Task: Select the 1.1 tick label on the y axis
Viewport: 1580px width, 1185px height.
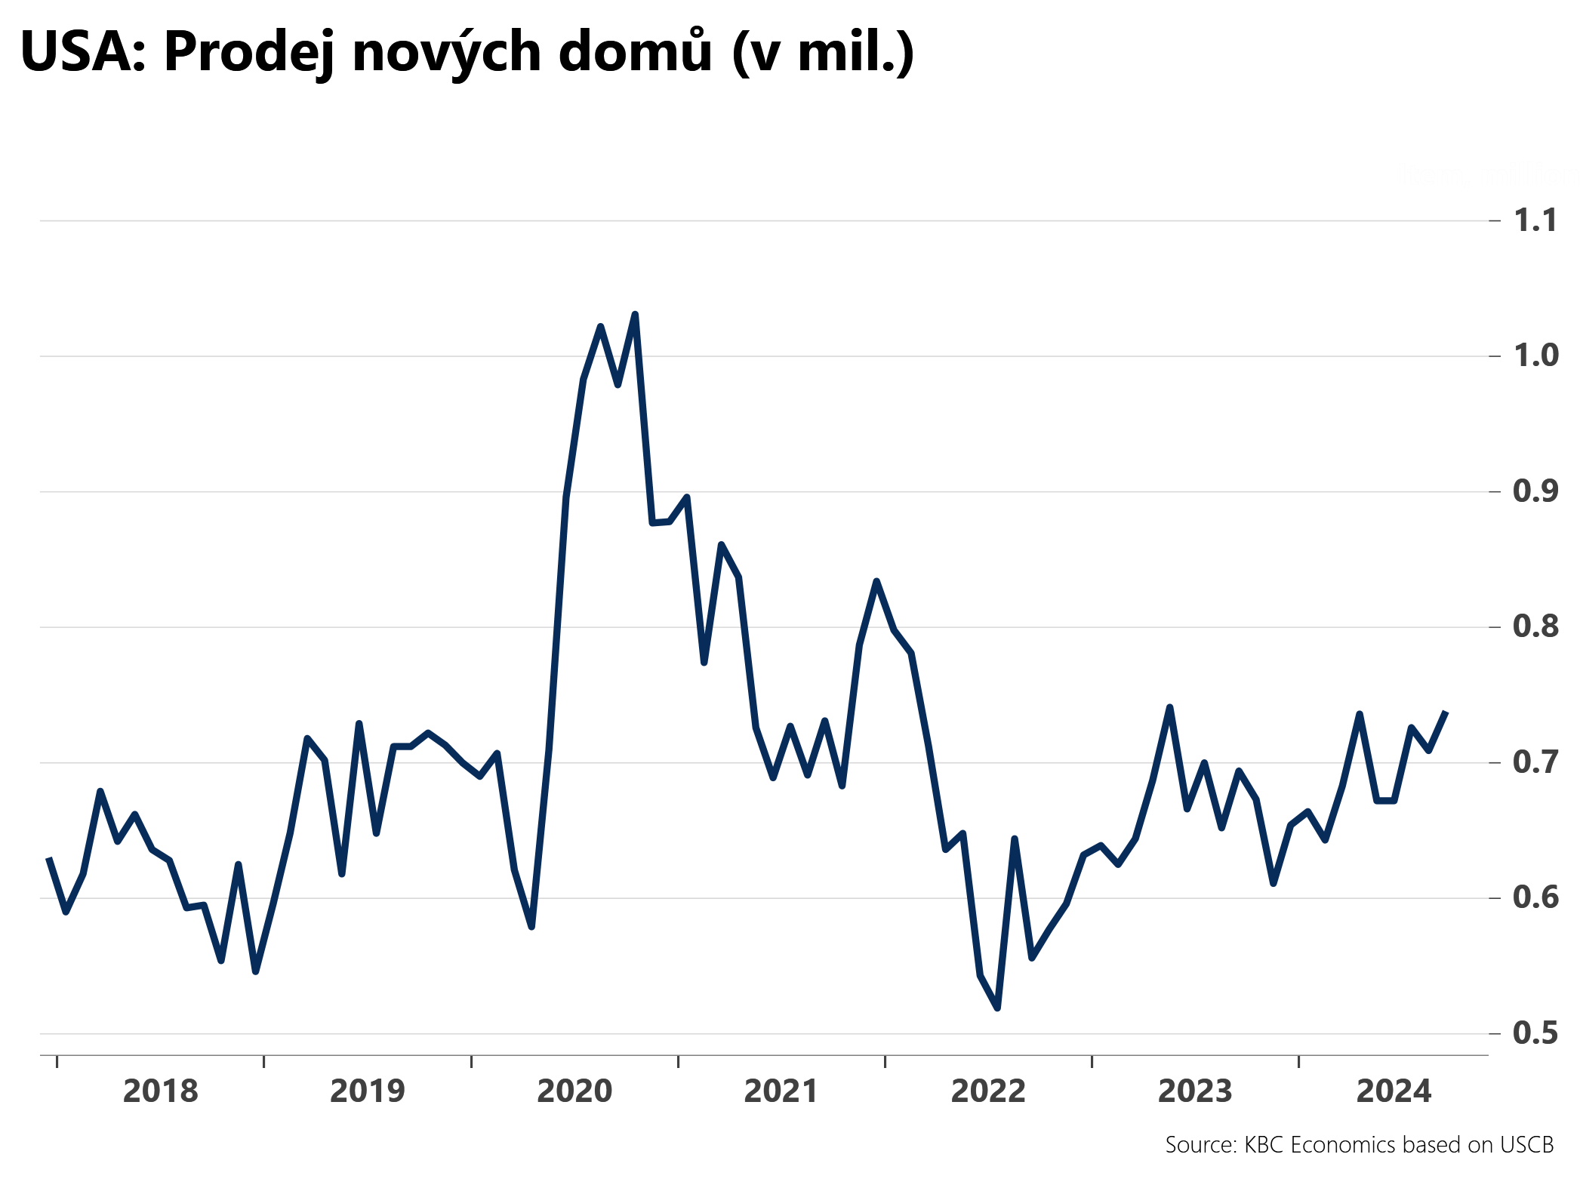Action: tap(1535, 220)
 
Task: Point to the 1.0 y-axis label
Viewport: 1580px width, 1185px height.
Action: tap(1535, 355)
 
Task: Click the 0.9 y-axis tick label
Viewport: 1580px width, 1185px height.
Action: tap(1535, 491)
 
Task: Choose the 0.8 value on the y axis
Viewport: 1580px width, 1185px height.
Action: tap(1535, 626)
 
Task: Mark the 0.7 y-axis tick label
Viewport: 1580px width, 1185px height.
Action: tap(1535, 762)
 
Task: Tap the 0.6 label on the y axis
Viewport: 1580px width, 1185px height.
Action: tap(1535, 897)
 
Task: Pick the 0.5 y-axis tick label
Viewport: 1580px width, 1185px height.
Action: tap(1535, 1033)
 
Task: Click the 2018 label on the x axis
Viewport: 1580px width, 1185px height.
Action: tap(160, 1091)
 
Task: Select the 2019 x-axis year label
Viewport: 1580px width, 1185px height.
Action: tap(368, 1091)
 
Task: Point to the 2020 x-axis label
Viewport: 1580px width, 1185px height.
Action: tap(574, 1091)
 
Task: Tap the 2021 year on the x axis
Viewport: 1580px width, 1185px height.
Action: tap(781, 1091)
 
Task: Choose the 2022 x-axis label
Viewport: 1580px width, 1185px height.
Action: tap(988, 1091)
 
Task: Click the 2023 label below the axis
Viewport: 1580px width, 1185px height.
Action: tap(1195, 1091)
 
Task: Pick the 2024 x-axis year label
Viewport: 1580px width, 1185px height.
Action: tap(1394, 1091)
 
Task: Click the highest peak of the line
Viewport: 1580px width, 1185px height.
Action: tap(635, 314)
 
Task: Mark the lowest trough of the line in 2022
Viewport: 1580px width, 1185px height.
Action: tap(997, 1008)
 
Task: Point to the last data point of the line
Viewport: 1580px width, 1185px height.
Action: tap(1445, 713)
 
